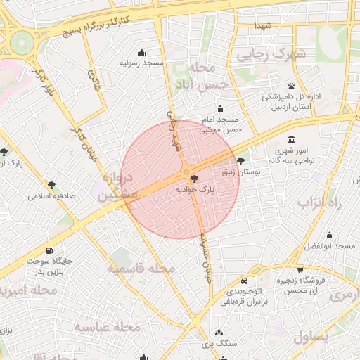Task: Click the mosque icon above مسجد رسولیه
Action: point(143,52)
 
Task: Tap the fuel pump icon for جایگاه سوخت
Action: point(49,250)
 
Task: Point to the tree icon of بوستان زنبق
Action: point(241,161)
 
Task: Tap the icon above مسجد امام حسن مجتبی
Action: point(221,108)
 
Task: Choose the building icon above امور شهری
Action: point(292,139)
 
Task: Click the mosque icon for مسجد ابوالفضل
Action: point(329,236)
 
